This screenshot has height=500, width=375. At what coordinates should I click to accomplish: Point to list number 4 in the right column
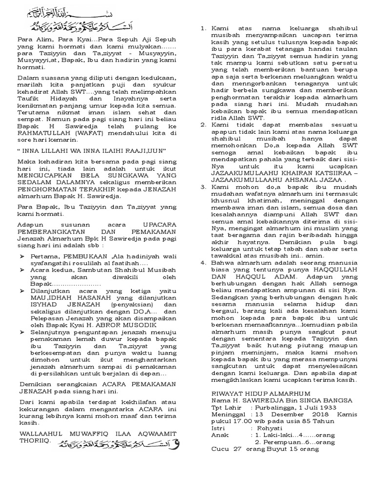point(203,262)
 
